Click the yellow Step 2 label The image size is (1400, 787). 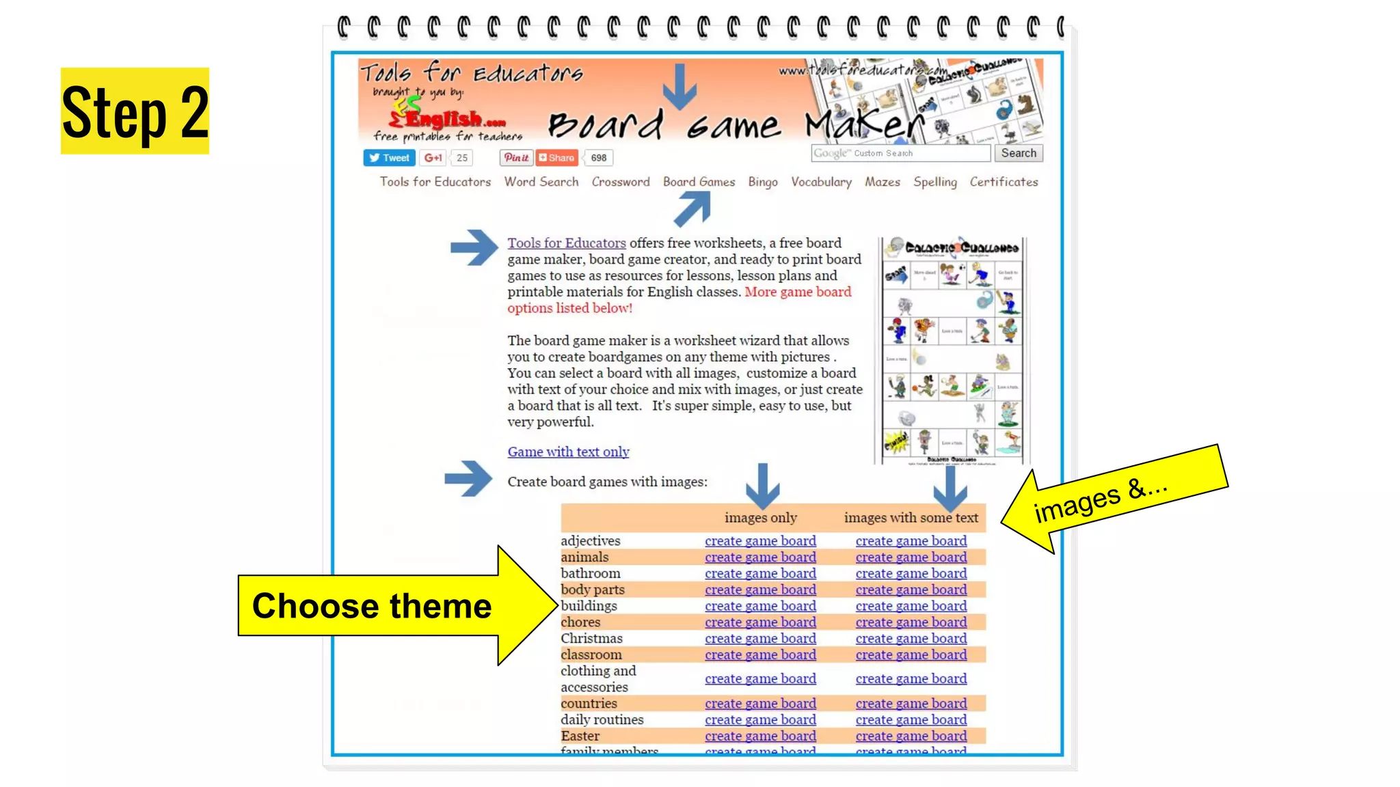tap(135, 111)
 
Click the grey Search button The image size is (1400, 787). tap(1018, 153)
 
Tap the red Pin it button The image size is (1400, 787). tap(516, 158)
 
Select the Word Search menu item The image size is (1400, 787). tap(541, 182)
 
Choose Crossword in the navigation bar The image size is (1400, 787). tap(620, 182)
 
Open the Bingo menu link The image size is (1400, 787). tap(762, 182)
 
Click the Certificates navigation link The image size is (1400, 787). tap(1003, 182)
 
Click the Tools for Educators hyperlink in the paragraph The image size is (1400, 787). tap(566, 243)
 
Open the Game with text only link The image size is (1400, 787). tap(568, 452)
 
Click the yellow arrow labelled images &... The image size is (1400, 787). tap(1114, 499)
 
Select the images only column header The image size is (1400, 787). tap(760, 518)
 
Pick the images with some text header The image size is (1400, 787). tap(911, 518)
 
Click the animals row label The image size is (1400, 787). tap(584, 557)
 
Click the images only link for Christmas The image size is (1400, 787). tap(760, 638)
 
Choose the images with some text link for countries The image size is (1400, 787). tap(911, 703)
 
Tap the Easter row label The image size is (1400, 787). tap(580, 736)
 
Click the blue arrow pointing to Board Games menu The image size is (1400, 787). tap(692, 208)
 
